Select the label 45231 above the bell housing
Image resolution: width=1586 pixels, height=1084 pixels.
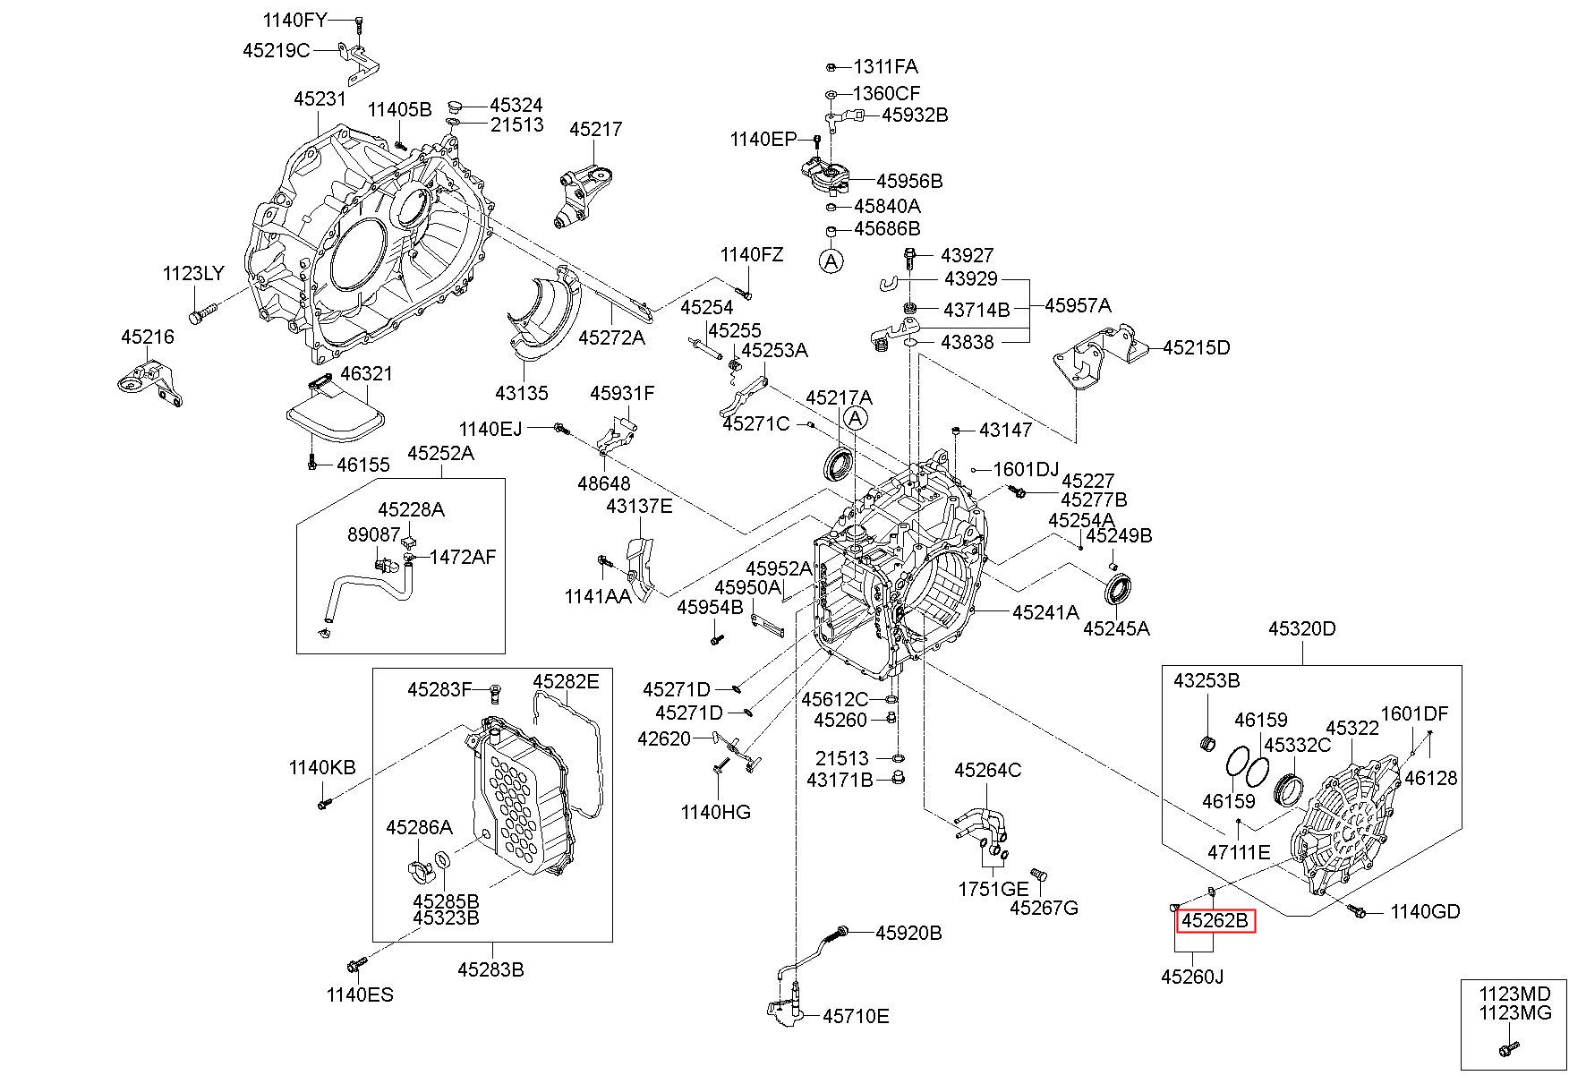(320, 98)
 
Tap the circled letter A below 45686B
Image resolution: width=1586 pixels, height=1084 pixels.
(831, 260)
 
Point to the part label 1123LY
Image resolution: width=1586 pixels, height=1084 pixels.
(193, 273)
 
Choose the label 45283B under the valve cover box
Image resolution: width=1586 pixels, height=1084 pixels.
(490, 969)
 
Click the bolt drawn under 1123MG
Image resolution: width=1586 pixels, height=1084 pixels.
(1508, 1048)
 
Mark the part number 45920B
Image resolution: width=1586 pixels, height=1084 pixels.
(908, 933)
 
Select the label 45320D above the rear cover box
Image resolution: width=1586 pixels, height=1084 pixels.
(1301, 628)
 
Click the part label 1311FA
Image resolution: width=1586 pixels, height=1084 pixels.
(885, 66)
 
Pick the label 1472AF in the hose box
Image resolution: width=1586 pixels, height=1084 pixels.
(463, 557)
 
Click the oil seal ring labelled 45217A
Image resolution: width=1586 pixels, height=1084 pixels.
(840, 466)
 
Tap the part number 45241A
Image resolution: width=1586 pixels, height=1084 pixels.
(1045, 612)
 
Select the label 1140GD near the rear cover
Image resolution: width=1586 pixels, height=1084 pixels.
(1425, 911)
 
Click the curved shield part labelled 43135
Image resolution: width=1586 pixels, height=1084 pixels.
(540, 322)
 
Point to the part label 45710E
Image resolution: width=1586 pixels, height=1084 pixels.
(856, 1016)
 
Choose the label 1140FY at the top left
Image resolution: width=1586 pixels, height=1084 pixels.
(295, 19)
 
